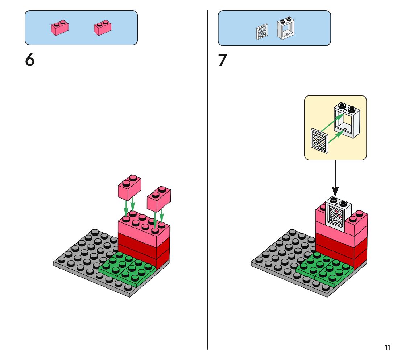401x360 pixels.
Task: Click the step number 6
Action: [x=30, y=60]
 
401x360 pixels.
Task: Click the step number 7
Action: [x=222, y=61]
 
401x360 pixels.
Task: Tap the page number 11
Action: [x=388, y=348]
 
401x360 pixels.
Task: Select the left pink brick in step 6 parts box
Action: [x=60, y=28]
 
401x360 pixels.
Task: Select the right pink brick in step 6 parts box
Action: [x=103, y=28]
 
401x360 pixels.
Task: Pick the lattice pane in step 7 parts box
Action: [x=261, y=32]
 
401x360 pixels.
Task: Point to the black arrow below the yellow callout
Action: [x=335, y=178]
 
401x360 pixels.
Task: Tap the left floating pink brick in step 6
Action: [x=129, y=187]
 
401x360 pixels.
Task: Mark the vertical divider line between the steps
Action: [x=207, y=181]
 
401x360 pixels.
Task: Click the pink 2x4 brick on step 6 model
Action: [x=143, y=229]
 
